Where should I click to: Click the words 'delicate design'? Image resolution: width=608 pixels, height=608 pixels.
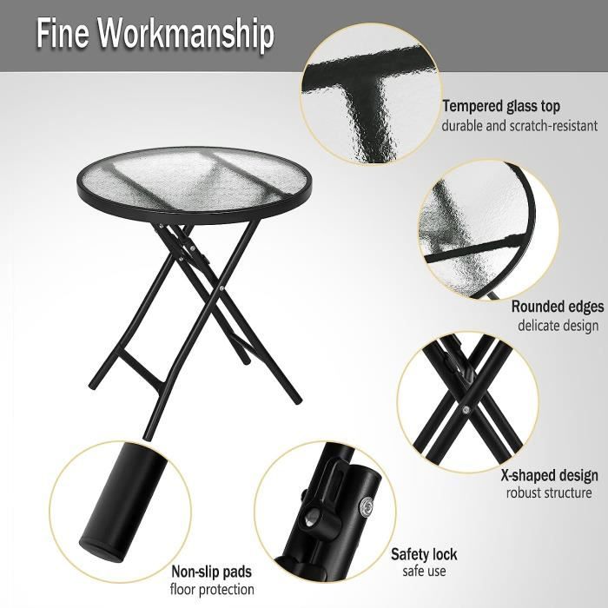(558, 326)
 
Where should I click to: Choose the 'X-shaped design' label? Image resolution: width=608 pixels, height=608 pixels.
(549, 475)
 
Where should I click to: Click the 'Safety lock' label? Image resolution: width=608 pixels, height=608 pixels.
(424, 554)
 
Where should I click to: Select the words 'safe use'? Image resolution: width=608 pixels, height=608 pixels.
(424, 572)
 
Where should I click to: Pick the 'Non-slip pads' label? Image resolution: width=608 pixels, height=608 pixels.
(212, 572)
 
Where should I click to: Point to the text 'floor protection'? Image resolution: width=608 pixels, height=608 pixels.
(212, 589)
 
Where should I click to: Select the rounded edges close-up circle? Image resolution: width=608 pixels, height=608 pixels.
(486, 235)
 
